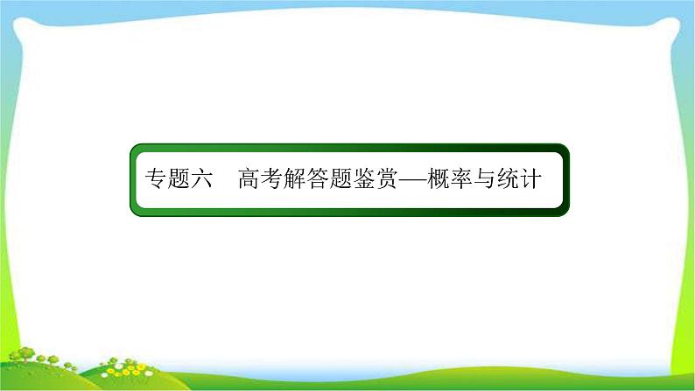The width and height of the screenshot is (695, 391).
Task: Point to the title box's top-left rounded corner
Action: [x=136, y=150]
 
